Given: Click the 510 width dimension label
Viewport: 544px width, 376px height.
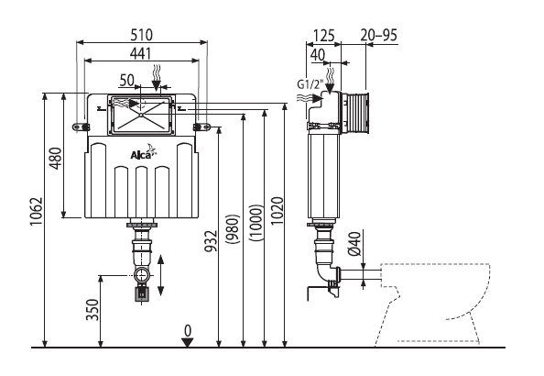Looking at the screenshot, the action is point(142,35).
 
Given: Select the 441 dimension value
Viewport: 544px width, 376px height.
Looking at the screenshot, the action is point(141,53).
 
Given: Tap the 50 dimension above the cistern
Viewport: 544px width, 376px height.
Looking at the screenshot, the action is point(126,81).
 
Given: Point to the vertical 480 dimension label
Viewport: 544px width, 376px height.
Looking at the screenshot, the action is point(56,159).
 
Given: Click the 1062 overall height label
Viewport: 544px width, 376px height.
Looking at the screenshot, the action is point(36,211).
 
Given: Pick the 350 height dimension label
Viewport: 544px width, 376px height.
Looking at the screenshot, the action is point(93,310).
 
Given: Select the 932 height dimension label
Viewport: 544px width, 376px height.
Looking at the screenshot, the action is point(211,241).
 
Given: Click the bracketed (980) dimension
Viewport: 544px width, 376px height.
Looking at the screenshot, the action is point(233,229).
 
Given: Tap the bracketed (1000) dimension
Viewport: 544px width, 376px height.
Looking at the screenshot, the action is point(256,223).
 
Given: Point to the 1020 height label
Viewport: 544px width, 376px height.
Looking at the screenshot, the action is point(277,211).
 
